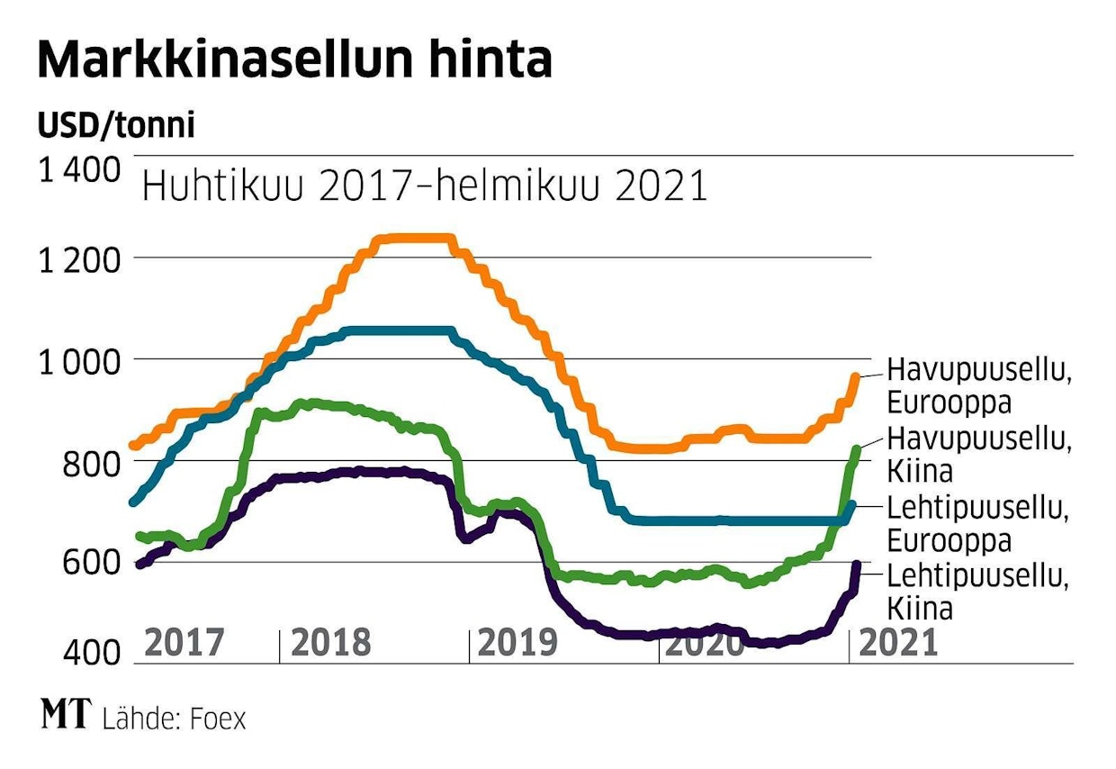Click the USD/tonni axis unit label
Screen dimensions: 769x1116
(x=116, y=127)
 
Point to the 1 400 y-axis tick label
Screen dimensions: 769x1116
(x=79, y=169)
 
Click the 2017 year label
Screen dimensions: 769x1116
(x=184, y=643)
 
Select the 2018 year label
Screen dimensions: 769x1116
(x=330, y=643)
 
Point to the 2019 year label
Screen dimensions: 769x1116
(x=517, y=643)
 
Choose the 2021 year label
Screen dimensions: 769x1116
(x=897, y=643)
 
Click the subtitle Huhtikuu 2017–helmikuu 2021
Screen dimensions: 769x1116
(x=424, y=187)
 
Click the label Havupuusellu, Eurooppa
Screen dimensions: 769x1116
(x=979, y=384)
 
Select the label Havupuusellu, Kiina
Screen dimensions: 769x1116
(x=979, y=456)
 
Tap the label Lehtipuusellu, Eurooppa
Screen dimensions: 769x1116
(x=979, y=524)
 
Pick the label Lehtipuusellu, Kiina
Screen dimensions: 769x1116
(x=979, y=592)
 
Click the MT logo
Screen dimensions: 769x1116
(x=66, y=716)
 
